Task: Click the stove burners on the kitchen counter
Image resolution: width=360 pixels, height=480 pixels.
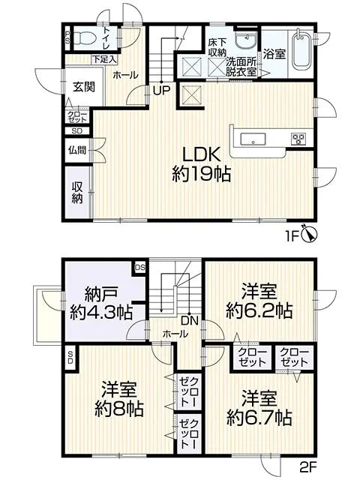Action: click(298, 138)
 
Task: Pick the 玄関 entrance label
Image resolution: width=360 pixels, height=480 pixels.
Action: click(83, 87)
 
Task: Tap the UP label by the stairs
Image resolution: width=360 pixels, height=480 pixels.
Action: click(160, 91)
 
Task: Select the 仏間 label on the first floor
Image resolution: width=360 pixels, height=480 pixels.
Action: click(78, 149)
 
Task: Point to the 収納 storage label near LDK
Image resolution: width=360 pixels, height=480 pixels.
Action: click(77, 193)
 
